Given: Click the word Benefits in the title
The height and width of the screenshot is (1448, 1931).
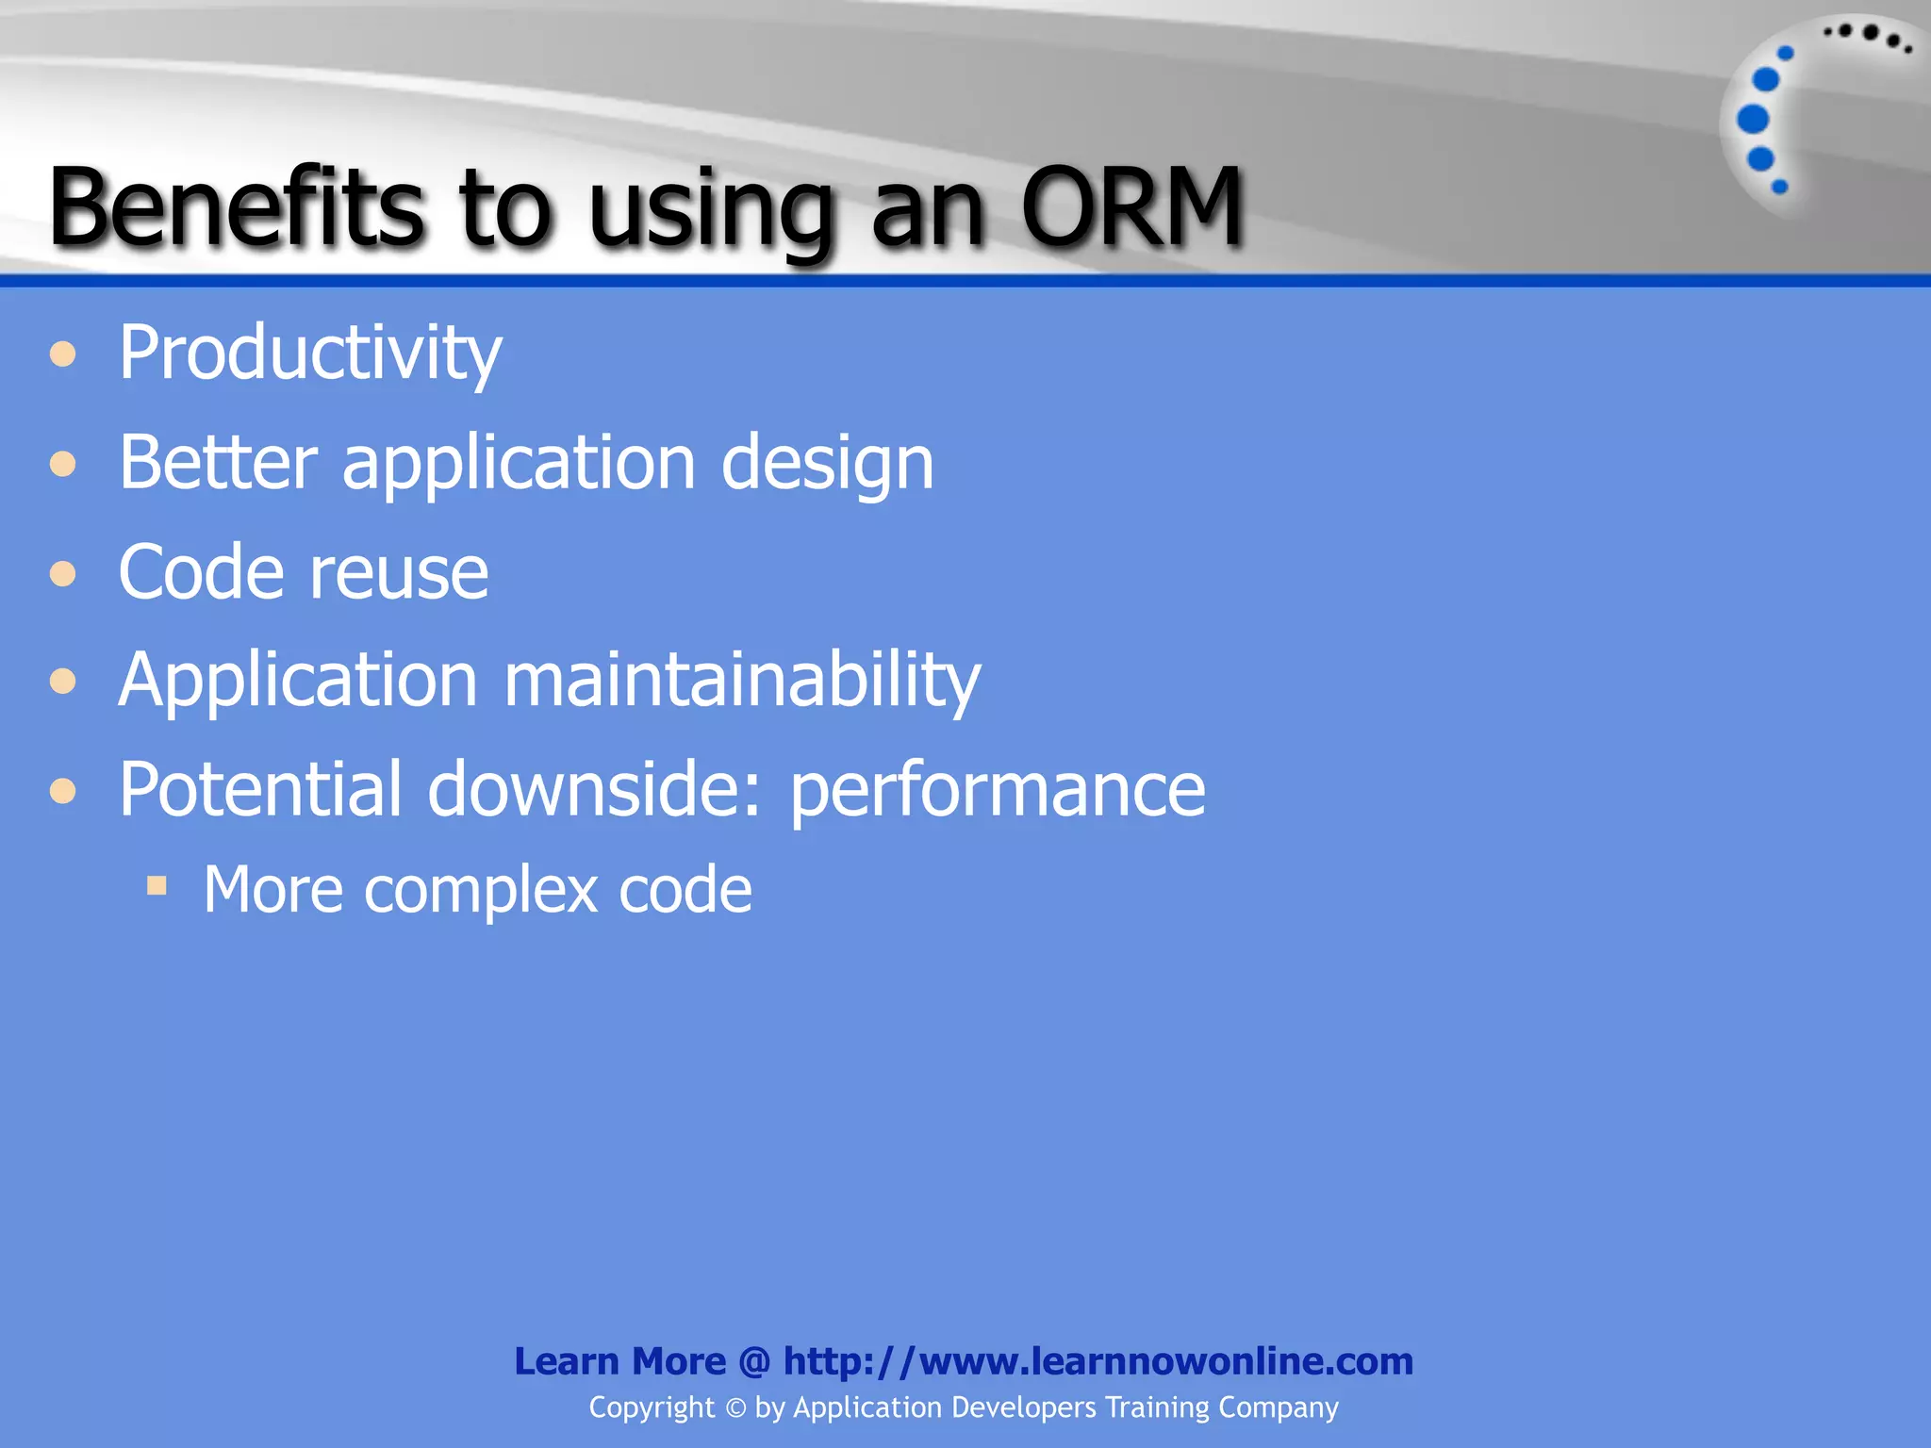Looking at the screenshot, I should [236, 206].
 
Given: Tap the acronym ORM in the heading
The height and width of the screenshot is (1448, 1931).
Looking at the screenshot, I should [1131, 206].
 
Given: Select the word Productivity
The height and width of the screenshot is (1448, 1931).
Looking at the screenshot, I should [309, 354].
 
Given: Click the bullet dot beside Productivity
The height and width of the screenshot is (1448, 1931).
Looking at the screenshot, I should [63, 354].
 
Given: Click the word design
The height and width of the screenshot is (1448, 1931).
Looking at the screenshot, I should [827, 464].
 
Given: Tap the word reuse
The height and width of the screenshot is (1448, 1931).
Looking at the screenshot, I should [399, 573].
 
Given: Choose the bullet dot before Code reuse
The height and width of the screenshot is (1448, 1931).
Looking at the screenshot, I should [63, 573].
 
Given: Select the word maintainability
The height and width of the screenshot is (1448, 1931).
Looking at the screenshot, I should [742, 681].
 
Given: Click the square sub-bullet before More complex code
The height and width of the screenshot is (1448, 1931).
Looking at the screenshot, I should [157, 885].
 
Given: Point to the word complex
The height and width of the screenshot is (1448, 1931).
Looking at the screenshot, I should [481, 891].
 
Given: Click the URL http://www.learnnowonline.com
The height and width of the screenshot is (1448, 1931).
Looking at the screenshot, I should [1098, 1361].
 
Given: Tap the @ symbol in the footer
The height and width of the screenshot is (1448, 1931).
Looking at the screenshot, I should [754, 1362].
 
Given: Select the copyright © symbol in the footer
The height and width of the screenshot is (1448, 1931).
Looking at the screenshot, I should [734, 1408].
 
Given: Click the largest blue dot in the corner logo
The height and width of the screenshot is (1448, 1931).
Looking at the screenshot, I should [1753, 119].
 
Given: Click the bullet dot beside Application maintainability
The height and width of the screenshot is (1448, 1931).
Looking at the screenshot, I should [63, 681].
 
